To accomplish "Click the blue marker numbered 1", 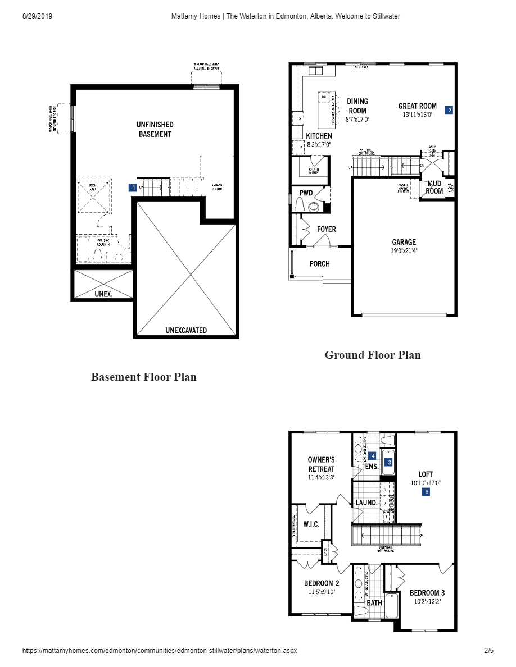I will (x=133, y=188).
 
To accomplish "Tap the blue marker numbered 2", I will (x=449, y=110).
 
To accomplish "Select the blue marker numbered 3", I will (x=388, y=463).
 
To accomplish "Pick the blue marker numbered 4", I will (x=372, y=455).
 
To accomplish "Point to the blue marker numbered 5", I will (x=426, y=492).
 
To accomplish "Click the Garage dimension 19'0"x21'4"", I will (x=404, y=251).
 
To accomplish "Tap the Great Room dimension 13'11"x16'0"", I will (x=417, y=115).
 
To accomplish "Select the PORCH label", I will (x=319, y=264).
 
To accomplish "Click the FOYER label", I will (x=326, y=229).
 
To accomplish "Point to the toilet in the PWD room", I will (x=300, y=204).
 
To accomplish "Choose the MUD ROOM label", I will (x=434, y=187).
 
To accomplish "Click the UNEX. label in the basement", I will (x=103, y=294).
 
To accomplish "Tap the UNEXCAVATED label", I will (x=186, y=330).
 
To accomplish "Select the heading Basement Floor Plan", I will (x=144, y=377).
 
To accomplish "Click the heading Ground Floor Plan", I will (x=373, y=355).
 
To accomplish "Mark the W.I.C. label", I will (x=311, y=524).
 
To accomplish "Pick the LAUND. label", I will (x=366, y=502).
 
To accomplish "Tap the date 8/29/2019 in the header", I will (x=37, y=16).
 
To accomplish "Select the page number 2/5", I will (x=488, y=651).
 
